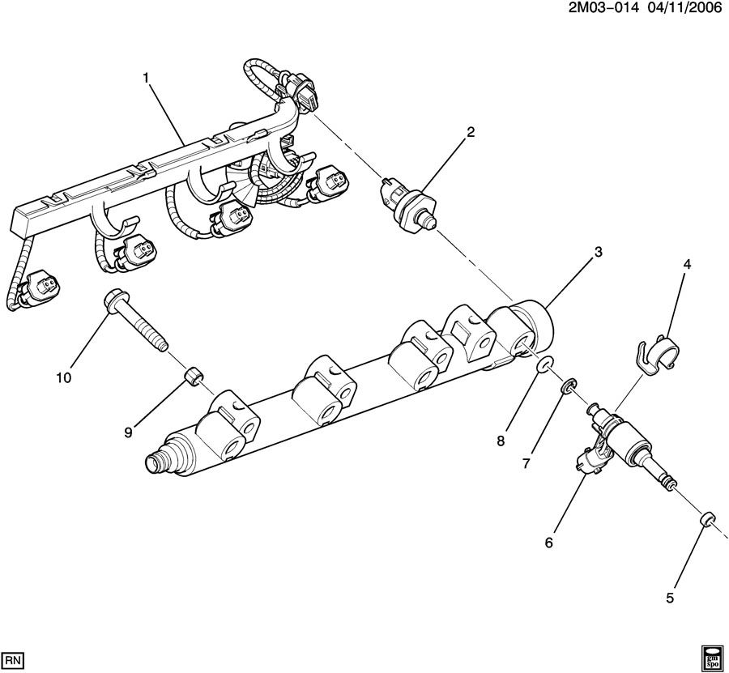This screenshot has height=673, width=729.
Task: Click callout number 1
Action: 147,78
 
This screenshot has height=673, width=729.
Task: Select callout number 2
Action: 470,133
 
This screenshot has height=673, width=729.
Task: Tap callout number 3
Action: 598,253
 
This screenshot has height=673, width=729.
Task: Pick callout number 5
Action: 669,598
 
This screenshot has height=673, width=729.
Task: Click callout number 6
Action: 548,543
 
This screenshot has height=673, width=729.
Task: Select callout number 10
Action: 64,377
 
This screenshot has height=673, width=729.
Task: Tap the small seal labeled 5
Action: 706,519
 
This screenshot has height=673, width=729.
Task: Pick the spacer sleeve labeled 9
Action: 194,375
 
